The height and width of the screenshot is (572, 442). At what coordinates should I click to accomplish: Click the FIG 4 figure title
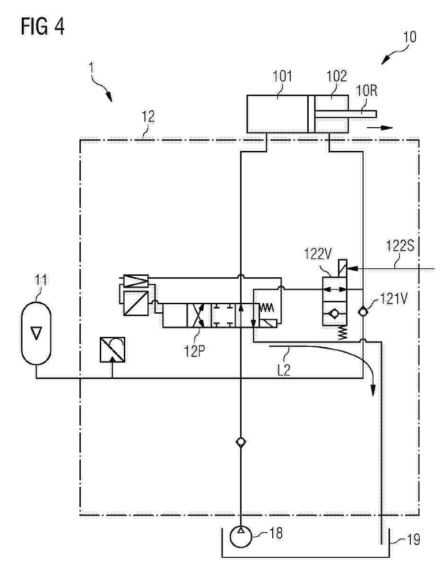(x=43, y=27)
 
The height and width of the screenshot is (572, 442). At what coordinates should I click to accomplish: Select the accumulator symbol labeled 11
(x=36, y=333)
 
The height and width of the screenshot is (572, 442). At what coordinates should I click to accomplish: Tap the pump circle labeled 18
(x=241, y=537)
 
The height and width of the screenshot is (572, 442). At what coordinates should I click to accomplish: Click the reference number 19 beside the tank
(x=413, y=539)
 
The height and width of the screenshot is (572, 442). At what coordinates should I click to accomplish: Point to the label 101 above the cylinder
(x=282, y=77)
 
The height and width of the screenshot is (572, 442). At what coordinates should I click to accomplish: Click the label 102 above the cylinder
(x=337, y=76)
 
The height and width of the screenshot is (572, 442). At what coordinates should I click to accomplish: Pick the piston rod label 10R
(x=366, y=91)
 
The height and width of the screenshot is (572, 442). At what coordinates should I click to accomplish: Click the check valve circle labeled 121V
(x=363, y=312)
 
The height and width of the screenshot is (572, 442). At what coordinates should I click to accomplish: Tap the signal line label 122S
(x=400, y=246)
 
